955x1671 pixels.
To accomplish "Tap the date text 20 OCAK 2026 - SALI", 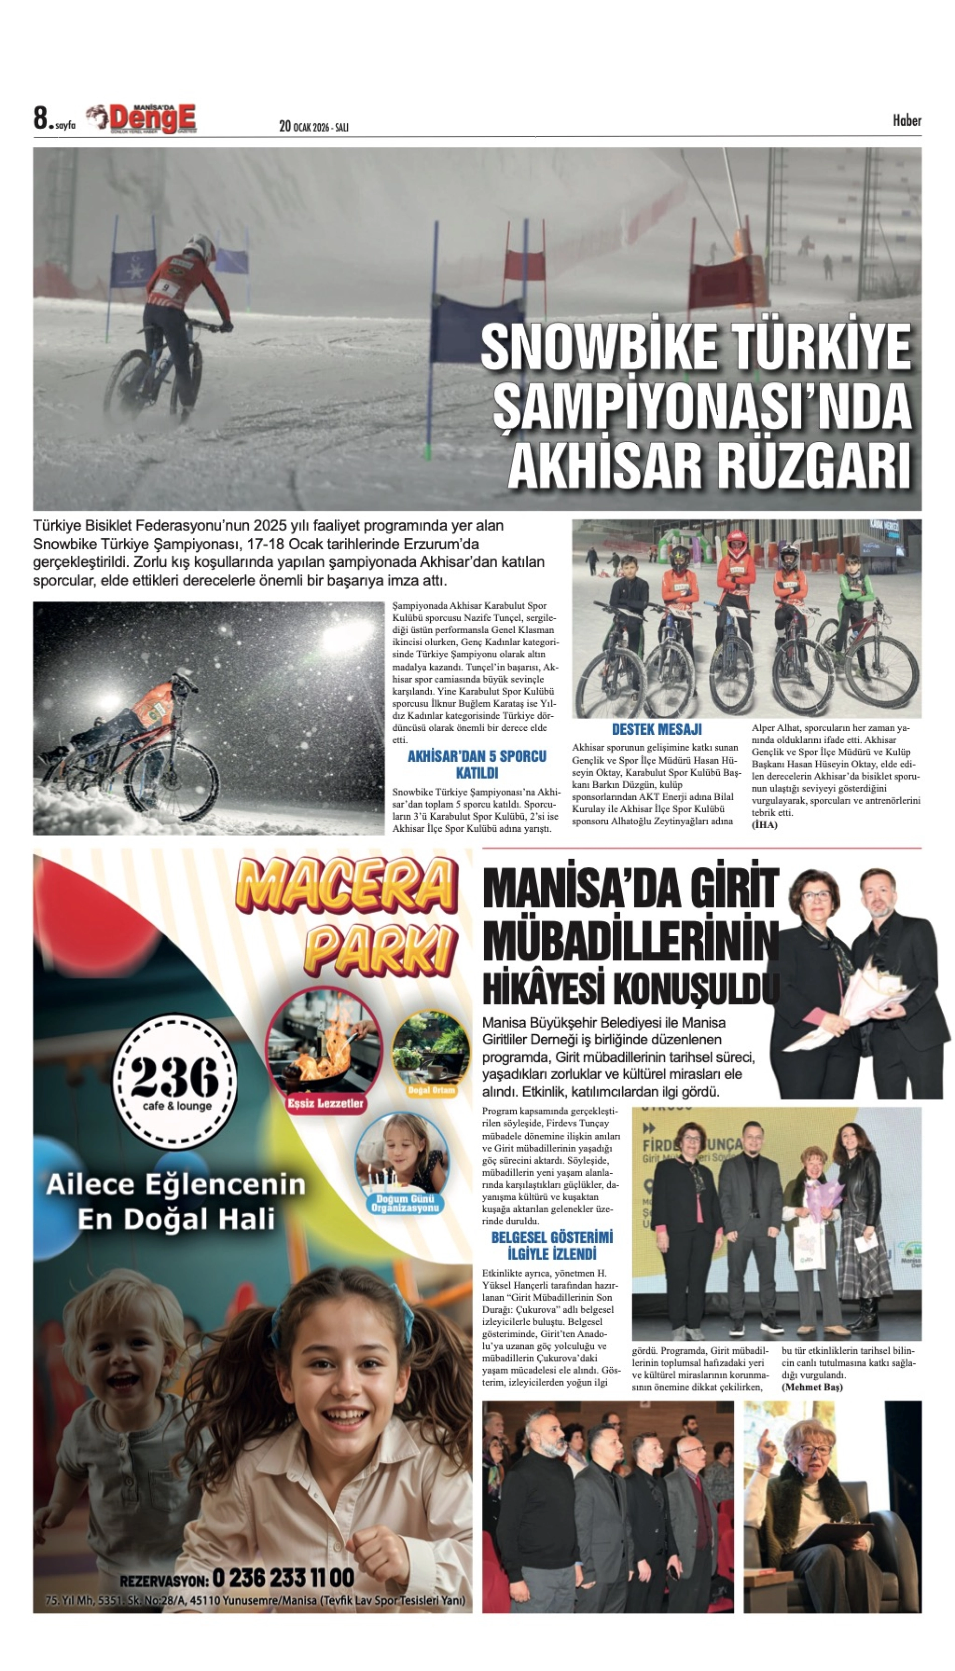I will point(314,127).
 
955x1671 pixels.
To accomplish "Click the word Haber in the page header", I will point(906,120).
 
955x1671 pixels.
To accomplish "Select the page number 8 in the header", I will point(41,119).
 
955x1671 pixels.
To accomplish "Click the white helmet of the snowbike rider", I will point(200,247).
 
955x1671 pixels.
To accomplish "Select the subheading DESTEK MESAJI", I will point(656,729).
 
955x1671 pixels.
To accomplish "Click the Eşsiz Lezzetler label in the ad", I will point(325,1103).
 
